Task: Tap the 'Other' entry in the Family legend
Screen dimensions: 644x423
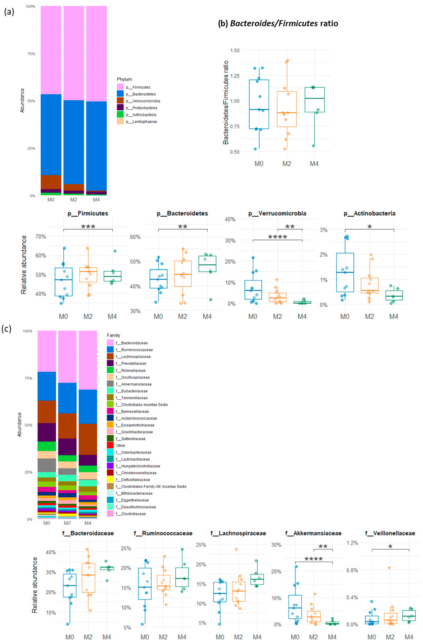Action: [x=120, y=445]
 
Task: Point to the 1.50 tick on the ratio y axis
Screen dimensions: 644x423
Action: [x=235, y=50]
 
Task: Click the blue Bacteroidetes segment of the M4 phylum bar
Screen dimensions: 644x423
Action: [x=96, y=146]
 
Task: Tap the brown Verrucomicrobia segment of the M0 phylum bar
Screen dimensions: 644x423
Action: [x=51, y=182]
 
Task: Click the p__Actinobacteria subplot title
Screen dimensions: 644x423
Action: [x=369, y=213]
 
